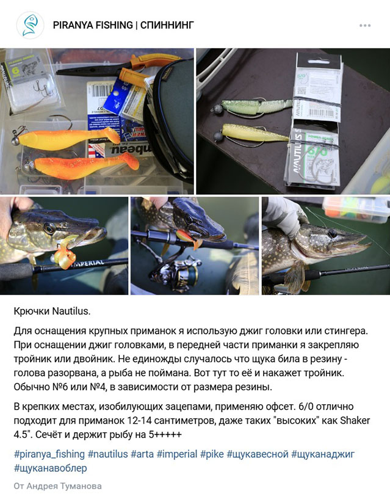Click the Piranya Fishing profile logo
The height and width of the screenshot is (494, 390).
(x=29, y=25)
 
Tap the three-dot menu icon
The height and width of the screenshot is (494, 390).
(x=365, y=26)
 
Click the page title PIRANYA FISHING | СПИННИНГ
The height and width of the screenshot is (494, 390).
(x=123, y=25)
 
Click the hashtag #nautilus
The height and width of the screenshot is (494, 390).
(x=107, y=454)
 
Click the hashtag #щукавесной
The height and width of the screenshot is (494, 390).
(x=256, y=454)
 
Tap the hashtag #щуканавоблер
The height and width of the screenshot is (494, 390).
(x=50, y=468)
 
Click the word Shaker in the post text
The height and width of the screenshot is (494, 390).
(x=356, y=421)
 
